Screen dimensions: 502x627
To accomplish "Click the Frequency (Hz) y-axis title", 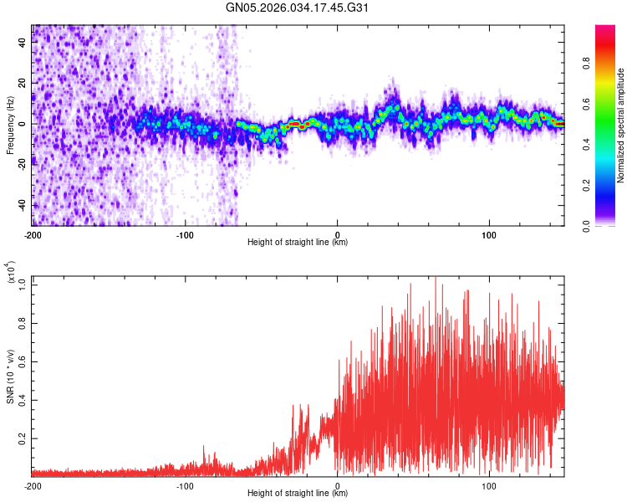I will pyautogui.click(x=11, y=125).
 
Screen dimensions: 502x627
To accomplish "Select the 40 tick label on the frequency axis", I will pyautogui.click(x=23, y=42).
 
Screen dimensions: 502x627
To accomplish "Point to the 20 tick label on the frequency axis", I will pyautogui.click(x=23, y=83).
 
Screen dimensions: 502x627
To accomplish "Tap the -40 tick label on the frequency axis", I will pyautogui.click(x=21, y=206).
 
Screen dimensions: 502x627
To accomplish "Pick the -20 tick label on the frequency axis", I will pyautogui.click(x=21, y=165).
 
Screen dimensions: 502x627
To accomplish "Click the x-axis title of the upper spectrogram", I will pyautogui.click(x=298, y=243).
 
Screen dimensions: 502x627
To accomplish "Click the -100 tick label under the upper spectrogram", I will pyautogui.click(x=185, y=234).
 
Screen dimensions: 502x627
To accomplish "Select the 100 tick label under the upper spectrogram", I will pyautogui.click(x=488, y=234).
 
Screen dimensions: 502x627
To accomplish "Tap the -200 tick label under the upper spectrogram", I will pyautogui.click(x=33, y=234).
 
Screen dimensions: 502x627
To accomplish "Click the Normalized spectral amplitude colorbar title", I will pyautogui.click(x=621, y=125).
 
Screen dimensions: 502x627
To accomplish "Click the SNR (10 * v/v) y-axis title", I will pyautogui.click(x=11, y=376).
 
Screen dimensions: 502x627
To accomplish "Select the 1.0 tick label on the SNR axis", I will pyautogui.click(x=21, y=284).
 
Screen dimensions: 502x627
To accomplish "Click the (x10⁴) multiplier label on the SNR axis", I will pyautogui.click(x=11, y=274).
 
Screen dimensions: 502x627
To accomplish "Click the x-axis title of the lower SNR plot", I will pyautogui.click(x=298, y=494).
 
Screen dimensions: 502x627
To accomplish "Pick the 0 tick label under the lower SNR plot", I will pyautogui.click(x=337, y=485).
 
